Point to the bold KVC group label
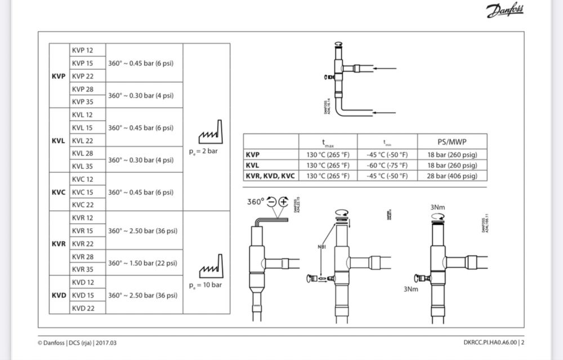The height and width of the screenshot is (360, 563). pos(59,192)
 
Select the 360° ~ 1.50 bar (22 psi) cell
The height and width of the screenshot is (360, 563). pos(144,263)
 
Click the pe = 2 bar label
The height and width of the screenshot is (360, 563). pos(203,152)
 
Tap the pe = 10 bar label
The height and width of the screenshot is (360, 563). pos(205,285)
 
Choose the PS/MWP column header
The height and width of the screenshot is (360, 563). pos(452,142)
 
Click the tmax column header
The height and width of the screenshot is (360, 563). pos(328,142)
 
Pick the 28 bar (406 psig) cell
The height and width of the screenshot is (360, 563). pos(452,176)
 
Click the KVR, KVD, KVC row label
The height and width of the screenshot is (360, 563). pos(270,176)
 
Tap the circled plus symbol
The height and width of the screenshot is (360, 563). pos(282,202)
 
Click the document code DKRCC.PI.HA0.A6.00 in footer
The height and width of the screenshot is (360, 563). pos(486,342)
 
